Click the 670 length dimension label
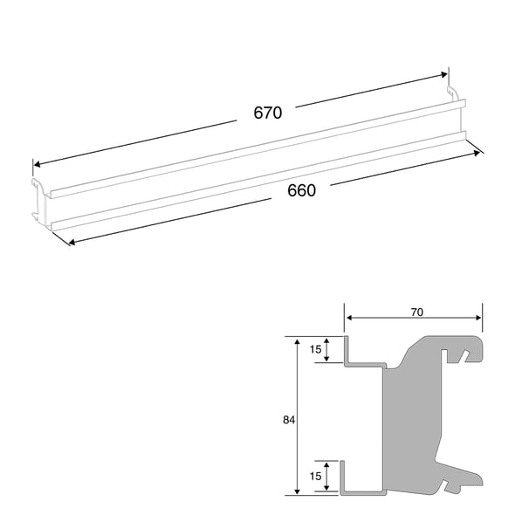[267, 113]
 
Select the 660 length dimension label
[301, 190]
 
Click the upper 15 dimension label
[315, 350]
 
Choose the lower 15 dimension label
[315, 477]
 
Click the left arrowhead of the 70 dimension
[348, 319]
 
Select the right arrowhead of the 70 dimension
[479, 319]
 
